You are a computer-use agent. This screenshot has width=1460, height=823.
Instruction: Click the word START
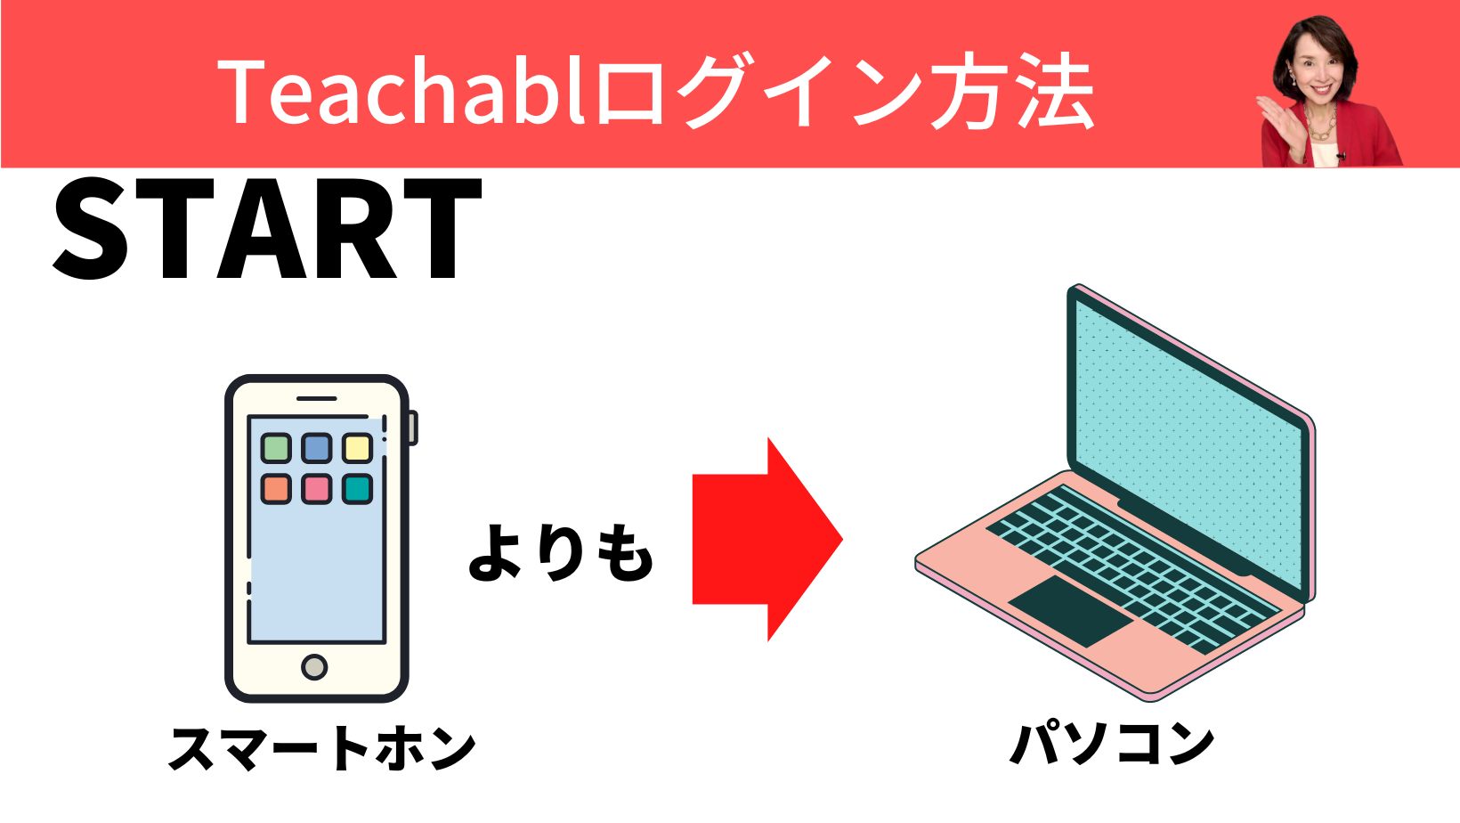[267, 228]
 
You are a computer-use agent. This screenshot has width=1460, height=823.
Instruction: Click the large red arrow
[767, 540]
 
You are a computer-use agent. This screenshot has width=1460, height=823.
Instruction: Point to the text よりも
[561, 552]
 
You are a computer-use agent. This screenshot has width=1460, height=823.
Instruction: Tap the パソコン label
[1112, 744]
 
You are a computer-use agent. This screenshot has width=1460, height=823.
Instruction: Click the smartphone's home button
[315, 667]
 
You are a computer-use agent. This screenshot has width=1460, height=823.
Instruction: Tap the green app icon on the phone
[276, 448]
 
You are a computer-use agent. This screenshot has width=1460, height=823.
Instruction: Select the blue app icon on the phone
[317, 448]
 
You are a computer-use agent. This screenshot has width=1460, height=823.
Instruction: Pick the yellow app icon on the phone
[357, 448]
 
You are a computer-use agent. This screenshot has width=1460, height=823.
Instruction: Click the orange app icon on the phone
[276, 489]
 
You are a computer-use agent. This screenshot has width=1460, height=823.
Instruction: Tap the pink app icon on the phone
[317, 489]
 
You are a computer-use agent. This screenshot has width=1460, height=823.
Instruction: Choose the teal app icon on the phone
[357, 489]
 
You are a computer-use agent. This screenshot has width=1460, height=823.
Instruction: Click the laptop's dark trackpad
[1071, 611]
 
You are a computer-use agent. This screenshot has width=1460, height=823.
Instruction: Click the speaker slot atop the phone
[317, 398]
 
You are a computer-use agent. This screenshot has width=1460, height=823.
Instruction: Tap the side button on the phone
[412, 428]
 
